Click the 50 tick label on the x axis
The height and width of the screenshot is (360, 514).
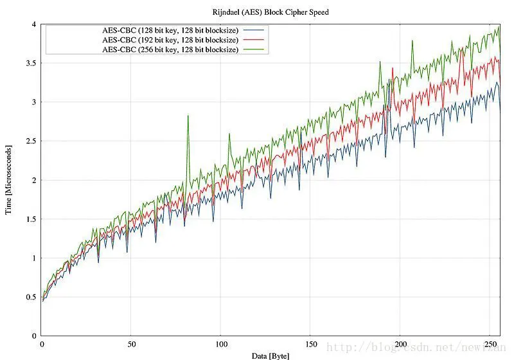pyautogui.click(x=130, y=344)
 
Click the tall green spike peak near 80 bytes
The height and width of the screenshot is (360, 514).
pyautogui.click(x=188, y=116)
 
